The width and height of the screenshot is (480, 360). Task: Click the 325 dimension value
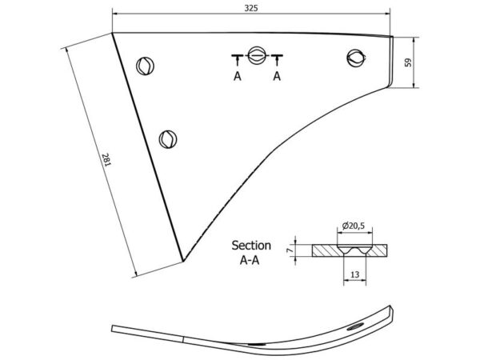tap(251, 8)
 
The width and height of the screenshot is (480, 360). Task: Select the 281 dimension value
tap(106, 160)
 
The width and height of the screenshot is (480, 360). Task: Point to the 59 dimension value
tap(408, 62)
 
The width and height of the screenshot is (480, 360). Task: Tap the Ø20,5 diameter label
tap(354, 226)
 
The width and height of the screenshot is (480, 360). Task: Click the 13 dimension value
tap(354, 274)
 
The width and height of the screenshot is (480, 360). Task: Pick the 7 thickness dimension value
tap(290, 250)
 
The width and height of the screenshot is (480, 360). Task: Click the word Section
tap(251, 246)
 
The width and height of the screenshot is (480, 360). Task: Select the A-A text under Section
tap(250, 260)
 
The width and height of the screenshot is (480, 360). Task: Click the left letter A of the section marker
tap(238, 76)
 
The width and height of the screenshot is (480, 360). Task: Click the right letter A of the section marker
tap(277, 76)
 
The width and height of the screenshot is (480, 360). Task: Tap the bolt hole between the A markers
tap(256, 55)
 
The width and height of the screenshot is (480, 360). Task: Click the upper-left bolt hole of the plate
tap(145, 66)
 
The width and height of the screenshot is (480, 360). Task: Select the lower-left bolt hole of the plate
tap(168, 139)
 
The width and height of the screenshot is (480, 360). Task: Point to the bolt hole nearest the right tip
tap(356, 58)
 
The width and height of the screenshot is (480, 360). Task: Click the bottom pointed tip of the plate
tap(183, 261)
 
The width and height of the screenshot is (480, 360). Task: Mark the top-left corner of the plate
tap(112, 33)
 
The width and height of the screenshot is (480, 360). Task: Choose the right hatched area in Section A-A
tap(378, 250)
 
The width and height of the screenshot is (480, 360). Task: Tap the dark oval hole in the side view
tap(355, 326)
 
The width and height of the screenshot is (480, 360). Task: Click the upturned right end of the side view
tap(390, 312)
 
